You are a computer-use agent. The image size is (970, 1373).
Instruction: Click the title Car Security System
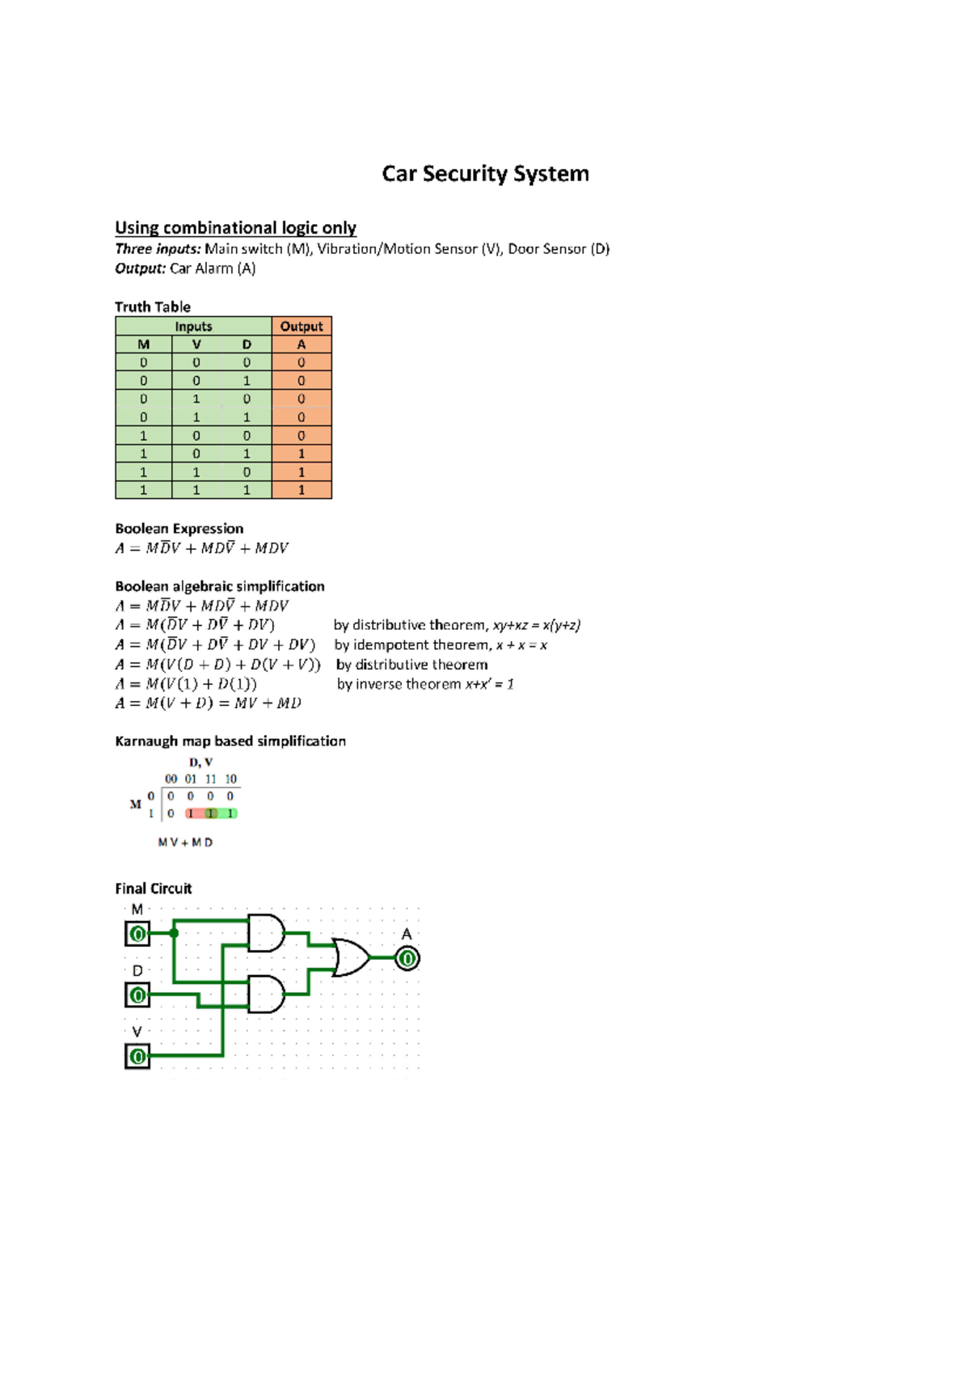pos(485,174)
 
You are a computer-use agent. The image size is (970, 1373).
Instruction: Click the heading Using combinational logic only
pos(235,228)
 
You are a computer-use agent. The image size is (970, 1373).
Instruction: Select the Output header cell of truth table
pos(302,326)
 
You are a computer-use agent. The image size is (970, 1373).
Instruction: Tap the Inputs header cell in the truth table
pos(193,326)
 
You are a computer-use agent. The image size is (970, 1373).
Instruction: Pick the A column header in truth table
pos(302,344)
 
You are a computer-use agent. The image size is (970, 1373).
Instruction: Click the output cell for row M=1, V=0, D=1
pos(302,454)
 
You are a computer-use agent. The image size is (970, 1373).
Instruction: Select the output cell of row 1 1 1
pos(302,490)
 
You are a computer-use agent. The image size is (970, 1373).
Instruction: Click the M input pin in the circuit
pos(137,935)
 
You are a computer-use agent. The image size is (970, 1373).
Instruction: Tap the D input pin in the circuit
pos(137,995)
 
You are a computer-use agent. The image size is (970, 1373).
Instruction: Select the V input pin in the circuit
pos(137,1056)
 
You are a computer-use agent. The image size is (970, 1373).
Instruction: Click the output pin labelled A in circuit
pos(407,959)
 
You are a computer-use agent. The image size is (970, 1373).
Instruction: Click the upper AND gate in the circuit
pos(265,933)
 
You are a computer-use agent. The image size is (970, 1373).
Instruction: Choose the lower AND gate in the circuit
pos(265,994)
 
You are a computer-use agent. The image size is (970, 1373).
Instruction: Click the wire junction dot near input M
pos(174,933)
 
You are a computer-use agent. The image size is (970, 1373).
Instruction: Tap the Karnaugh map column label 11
pos(210,779)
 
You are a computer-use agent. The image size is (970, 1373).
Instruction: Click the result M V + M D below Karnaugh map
pos(185,843)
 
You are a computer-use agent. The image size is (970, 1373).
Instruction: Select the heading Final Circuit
pos(154,889)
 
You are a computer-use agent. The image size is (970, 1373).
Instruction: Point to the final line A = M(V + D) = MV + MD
pos(208,703)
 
